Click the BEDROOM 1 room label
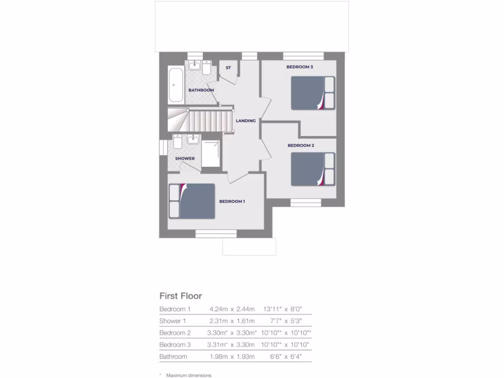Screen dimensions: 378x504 232,201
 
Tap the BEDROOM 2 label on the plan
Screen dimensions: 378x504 301,146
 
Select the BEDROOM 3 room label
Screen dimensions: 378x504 300,67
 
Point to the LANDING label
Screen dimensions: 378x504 246,121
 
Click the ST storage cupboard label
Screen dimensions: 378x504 228,67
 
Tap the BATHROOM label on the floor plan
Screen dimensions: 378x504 201,90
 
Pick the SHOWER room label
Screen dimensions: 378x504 185,158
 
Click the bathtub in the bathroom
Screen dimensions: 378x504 176,86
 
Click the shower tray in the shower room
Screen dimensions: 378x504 211,153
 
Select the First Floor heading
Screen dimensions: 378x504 181,296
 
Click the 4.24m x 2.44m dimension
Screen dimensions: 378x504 232,309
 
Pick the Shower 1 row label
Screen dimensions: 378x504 173,321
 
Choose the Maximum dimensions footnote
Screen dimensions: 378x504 189,375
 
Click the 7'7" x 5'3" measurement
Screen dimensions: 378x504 289,321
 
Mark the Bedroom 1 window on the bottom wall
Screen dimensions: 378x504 216,234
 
